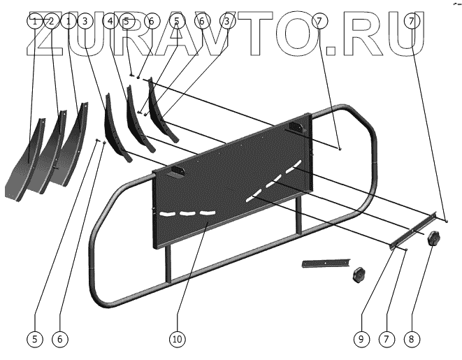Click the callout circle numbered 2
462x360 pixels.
click(x=50, y=22)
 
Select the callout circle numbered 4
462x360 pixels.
click(x=110, y=22)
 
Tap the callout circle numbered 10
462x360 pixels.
click(x=177, y=339)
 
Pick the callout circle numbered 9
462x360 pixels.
click(x=361, y=339)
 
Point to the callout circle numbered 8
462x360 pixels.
click(x=411, y=339)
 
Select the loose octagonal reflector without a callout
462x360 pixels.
click(x=360, y=273)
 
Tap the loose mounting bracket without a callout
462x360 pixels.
click(x=324, y=264)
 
